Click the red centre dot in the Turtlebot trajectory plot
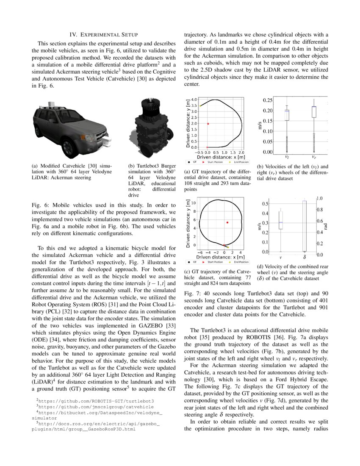coord(208,124)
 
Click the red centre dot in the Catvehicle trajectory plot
coord(227,222)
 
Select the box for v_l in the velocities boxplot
coord(287,114)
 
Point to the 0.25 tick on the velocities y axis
coord(268,100)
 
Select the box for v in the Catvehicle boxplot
coord(280,219)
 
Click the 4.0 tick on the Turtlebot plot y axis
coord(193,100)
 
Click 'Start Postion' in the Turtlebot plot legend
coord(216,162)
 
